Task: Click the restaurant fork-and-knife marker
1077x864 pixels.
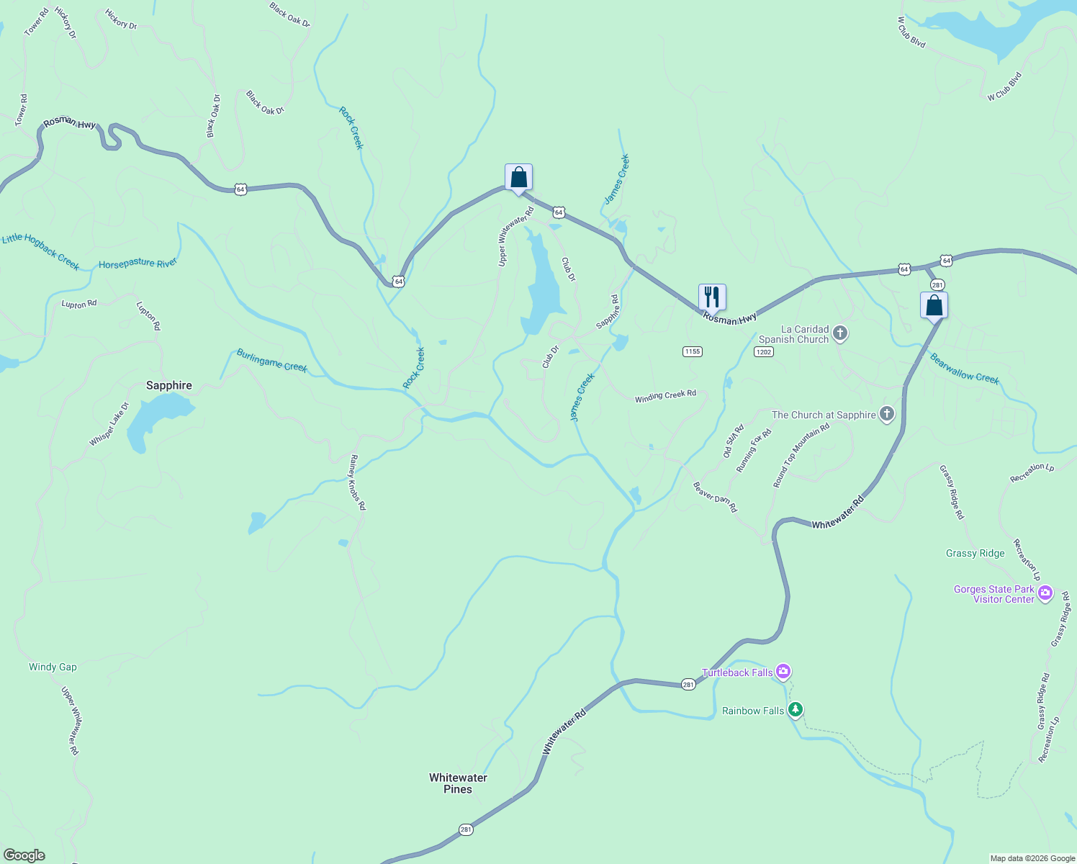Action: [x=712, y=297]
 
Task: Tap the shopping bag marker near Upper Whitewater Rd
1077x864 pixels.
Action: [x=518, y=177]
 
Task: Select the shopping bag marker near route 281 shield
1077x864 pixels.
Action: [x=934, y=305]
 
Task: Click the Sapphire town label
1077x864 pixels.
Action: [x=169, y=385]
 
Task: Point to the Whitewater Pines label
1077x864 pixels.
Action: [x=458, y=783]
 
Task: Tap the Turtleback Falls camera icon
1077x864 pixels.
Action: [x=783, y=672]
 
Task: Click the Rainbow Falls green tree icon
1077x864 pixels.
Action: [x=795, y=711]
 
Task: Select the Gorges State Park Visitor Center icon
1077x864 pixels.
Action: [x=1045, y=594]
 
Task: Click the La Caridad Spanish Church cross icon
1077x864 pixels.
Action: [x=839, y=333]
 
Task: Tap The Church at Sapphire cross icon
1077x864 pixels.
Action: [x=887, y=415]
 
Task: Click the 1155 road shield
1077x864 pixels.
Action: [x=692, y=351]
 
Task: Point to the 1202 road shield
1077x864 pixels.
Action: [x=764, y=351]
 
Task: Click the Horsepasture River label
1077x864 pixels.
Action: [x=138, y=264]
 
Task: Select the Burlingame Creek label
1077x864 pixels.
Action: [x=272, y=361]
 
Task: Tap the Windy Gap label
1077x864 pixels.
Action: [x=53, y=667]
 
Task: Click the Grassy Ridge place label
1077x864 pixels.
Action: [x=975, y=553]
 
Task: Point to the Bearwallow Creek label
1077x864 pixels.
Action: [x=964, y=368]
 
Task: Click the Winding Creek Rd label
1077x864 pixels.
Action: [x=665, y=396]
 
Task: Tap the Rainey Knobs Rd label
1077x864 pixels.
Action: [x=358, y=482]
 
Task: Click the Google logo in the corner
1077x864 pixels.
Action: [x=24, y=855]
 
